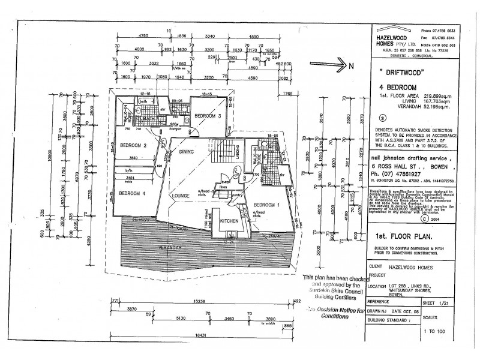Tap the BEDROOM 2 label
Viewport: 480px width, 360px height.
click(133, 145)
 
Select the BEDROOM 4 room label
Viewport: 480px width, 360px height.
click(132, 193)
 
